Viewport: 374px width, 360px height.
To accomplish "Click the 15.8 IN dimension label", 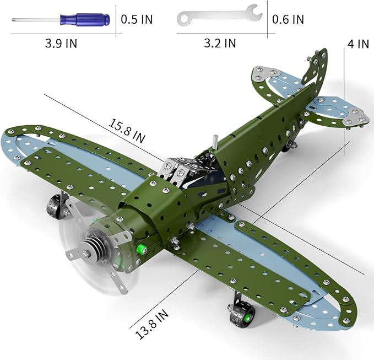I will tap(127, 131).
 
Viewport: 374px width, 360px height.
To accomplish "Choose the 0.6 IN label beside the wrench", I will tap(288, 19).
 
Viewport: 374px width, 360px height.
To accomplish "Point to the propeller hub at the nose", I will tap(91, 254).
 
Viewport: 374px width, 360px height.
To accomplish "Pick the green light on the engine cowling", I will tap(142, 249).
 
